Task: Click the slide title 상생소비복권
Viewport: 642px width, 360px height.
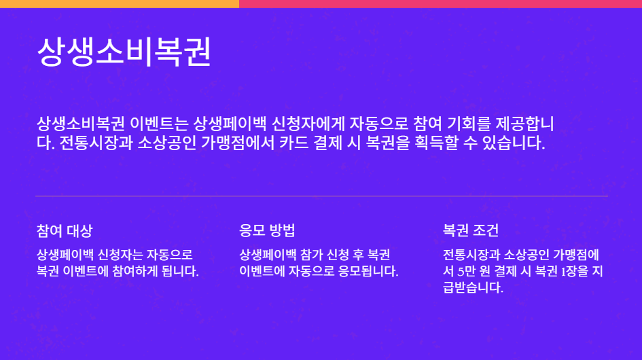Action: point(124,52)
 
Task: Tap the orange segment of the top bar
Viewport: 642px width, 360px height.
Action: point(119,3)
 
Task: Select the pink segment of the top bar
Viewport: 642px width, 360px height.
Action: point(440,3)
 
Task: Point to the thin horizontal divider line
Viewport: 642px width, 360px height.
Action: point(321,196)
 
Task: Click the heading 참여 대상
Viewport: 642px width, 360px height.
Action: point(64,230)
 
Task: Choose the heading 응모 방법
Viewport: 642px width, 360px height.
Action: point(267,230)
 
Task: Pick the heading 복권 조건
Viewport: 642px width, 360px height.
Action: point(471,230)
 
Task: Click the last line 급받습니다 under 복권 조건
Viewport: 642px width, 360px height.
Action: point(473,288)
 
